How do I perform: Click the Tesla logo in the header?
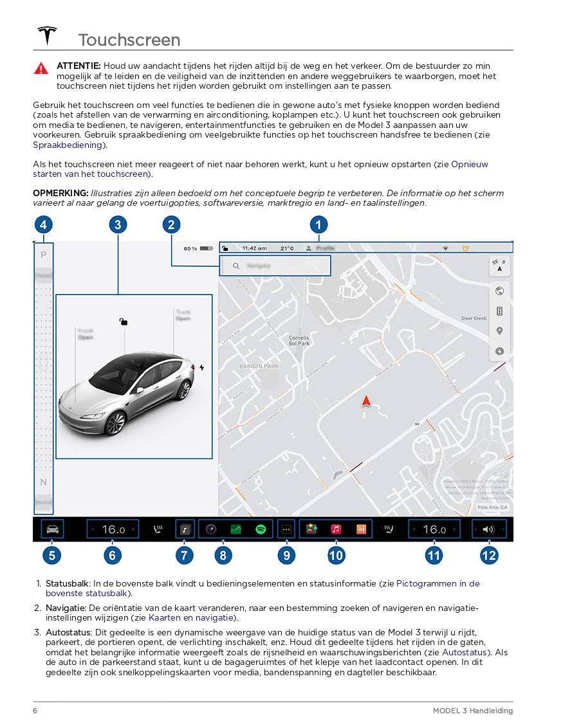[47, 35]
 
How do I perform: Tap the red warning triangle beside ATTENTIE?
[41, 68]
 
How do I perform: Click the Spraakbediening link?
[68, 145]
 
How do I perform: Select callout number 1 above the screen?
[318, 224]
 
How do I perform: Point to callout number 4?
[42, 224]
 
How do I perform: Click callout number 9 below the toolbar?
[286, 554]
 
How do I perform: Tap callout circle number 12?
[488, 554]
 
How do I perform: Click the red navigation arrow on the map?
[366, 401]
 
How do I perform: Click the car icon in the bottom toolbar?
[52, 529]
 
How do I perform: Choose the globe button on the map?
[499, 291]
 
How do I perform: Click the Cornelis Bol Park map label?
[299, 340]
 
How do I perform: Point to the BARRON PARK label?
[259, 366]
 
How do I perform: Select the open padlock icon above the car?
[123, 322]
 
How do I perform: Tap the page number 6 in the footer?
[35, 710]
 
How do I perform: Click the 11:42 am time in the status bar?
[254, 248]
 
